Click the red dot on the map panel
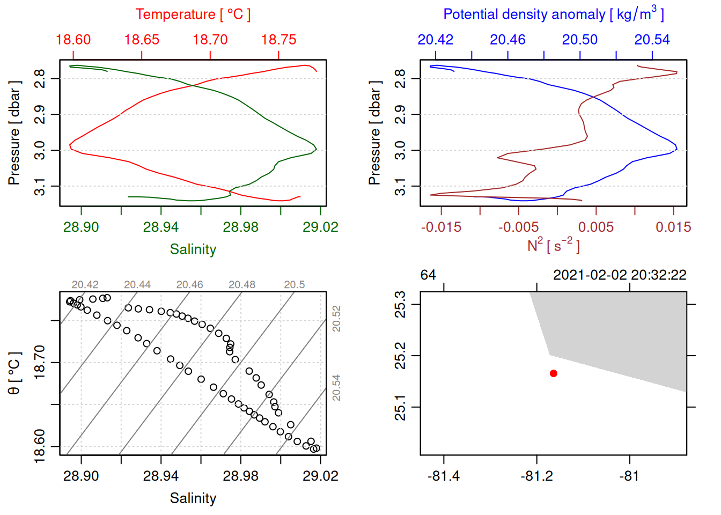[553, 373]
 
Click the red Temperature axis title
[193, 14]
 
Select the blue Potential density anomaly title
[553, 14]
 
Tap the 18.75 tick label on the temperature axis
[278, 40]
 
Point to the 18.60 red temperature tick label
[73, 40]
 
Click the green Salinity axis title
[193, 249]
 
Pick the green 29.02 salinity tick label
[320, 227]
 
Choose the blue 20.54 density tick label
[652, 40]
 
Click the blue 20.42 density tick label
[435, 40]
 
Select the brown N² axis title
[553, 245]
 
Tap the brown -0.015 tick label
[441, 227]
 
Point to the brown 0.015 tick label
[673, 227]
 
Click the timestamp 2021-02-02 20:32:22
[620, 275]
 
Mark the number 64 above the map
[428, 275]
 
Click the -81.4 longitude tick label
[444, 476]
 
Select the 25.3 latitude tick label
[400, 304]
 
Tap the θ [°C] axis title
[14, 373]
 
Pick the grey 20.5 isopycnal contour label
[294, 285]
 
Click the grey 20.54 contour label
[336, 388]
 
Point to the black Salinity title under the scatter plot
[193, 498]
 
